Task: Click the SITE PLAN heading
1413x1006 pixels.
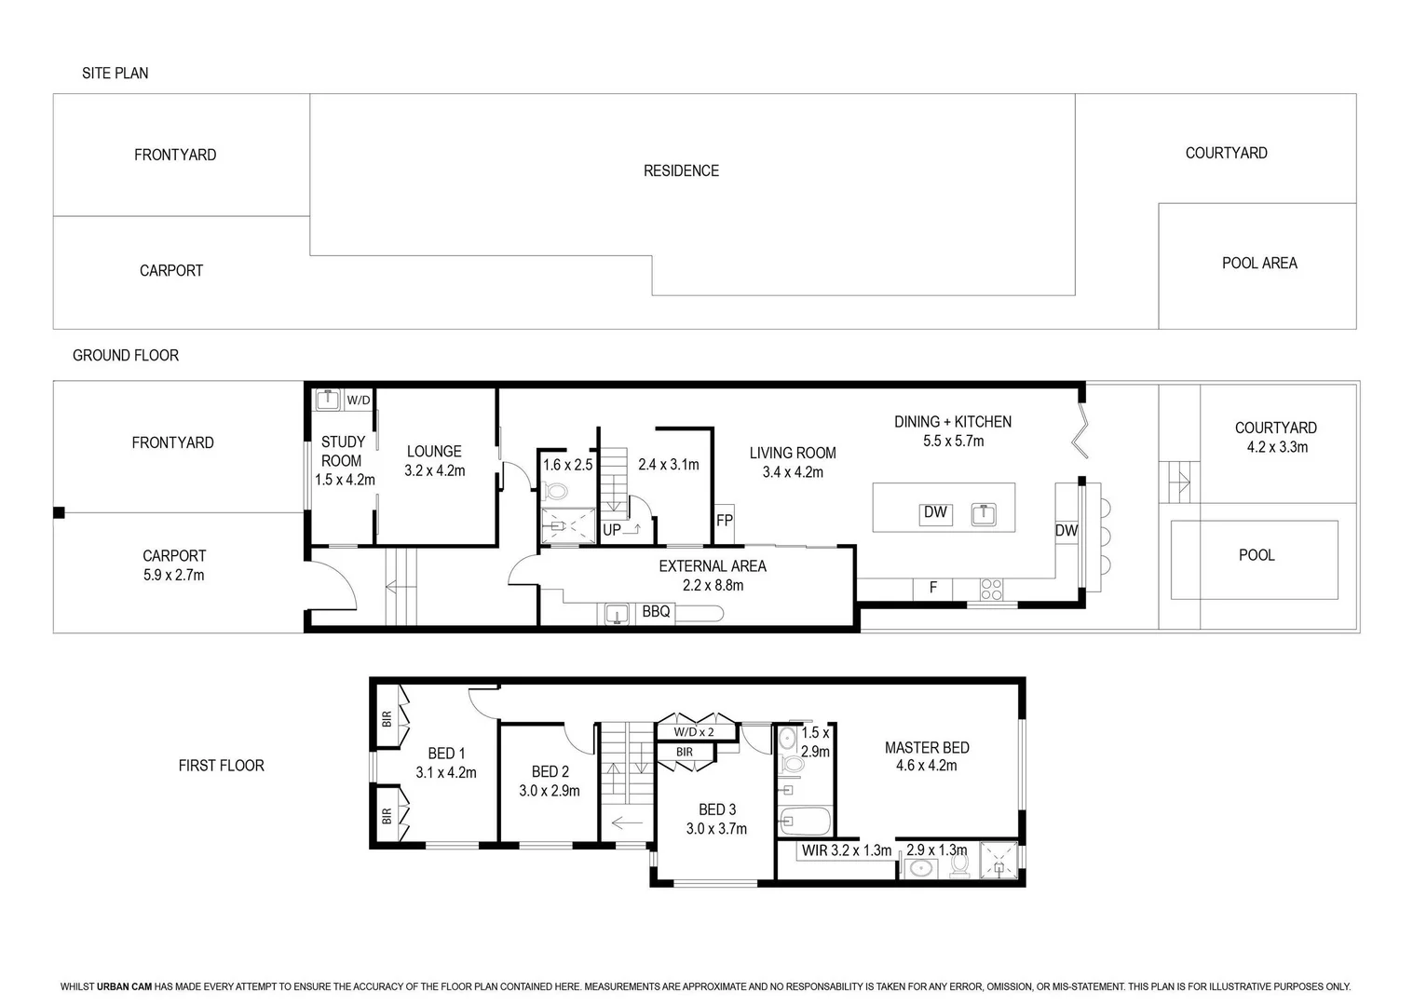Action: tap(115, 73)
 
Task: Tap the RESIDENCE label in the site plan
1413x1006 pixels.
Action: tap(681, 170)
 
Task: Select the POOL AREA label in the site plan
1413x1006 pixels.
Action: tap(1259, 263)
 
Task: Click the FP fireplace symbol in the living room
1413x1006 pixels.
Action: tap(724, 521)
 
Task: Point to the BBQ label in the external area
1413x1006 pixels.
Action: tap(656, 612)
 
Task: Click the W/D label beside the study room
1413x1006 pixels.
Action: tap(359, 401)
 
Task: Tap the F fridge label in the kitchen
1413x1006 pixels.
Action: tap(932, 588)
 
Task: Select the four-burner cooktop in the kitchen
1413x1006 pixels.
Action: tap(991, 589)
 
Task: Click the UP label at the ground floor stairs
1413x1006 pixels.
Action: tap(611, 530)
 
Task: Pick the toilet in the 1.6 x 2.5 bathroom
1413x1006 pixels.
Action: tap(556, 491)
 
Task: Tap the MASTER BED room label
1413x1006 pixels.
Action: tap(926, 747)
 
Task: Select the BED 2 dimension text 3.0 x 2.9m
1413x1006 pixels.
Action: tap(549, 791)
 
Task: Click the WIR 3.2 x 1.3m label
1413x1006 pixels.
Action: tap(846, 850)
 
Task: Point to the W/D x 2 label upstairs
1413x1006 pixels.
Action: tap(694, 732)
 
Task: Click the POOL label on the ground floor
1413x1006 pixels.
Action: tap(1256, 555)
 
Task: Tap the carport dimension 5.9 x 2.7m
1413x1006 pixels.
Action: tap(173, 576)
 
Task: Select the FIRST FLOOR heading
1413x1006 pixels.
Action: tap(221, 766)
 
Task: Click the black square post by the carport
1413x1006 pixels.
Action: tap(59, 512)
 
